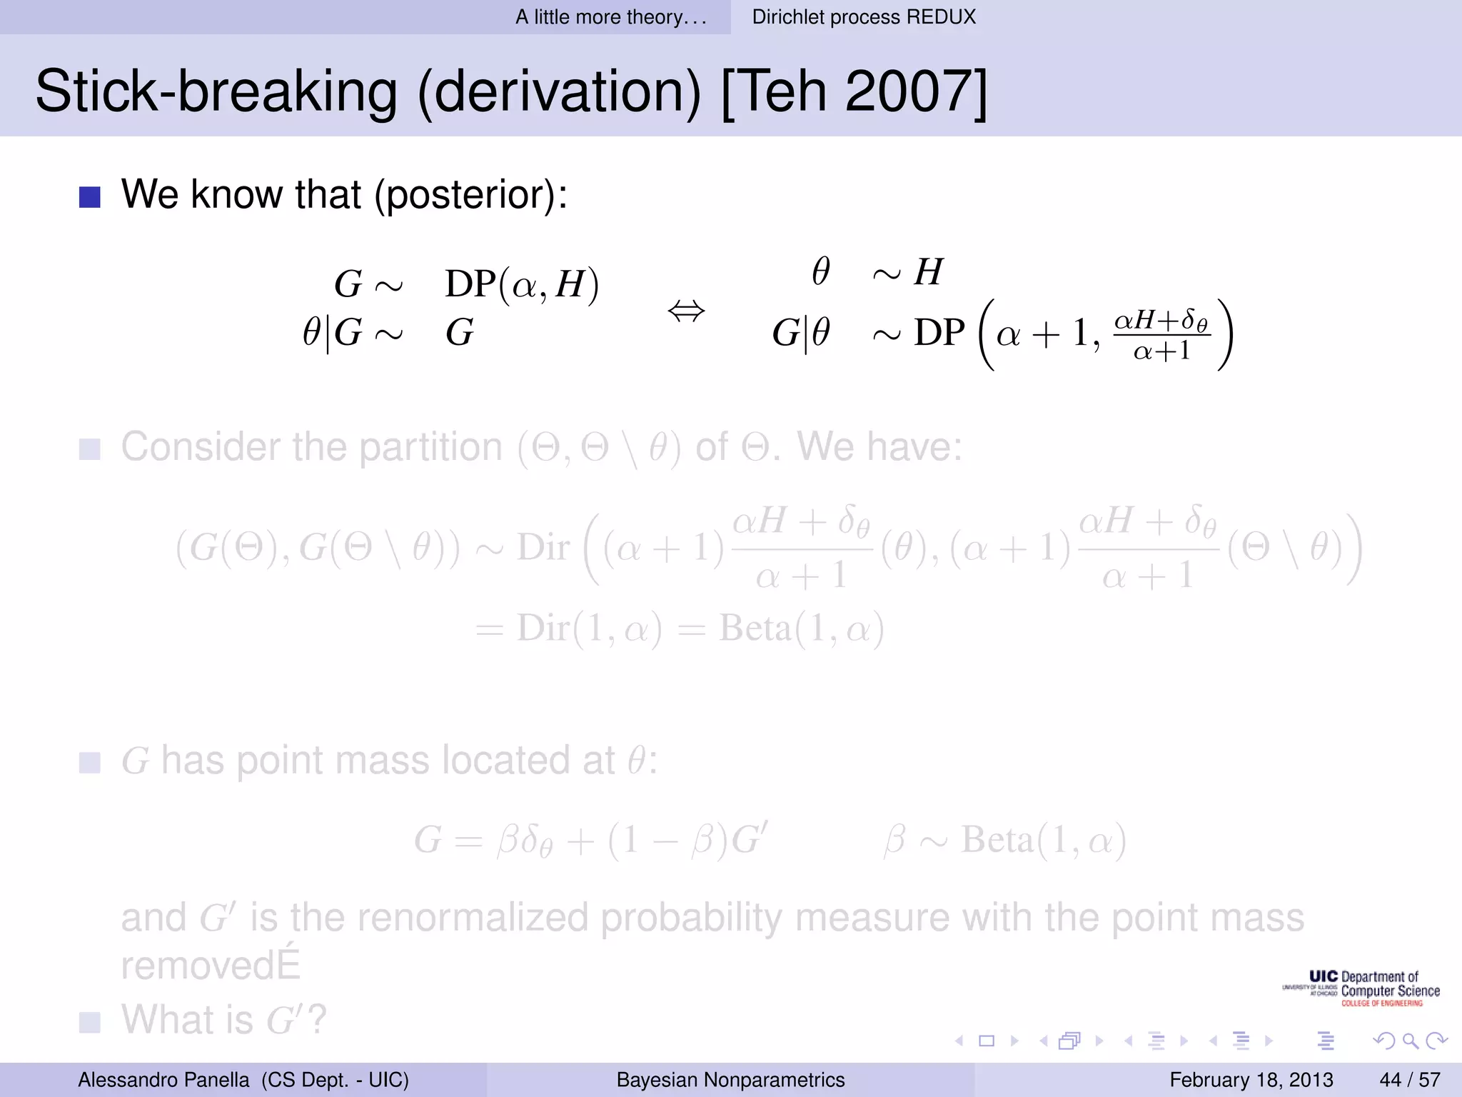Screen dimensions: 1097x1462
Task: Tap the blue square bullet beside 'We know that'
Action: point(90,197)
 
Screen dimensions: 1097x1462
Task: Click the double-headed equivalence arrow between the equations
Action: point(686,311)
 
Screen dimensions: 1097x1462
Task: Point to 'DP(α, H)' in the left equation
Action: point(522,284)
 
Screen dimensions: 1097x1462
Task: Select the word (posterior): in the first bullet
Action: point(471,194)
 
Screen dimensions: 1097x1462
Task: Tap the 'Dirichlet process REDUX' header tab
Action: point(863,17)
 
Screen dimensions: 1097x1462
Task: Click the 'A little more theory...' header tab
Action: point(611,17)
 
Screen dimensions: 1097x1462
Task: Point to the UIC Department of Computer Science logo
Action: point(1361,988)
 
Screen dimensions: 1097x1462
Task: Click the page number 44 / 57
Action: point(1409,1079)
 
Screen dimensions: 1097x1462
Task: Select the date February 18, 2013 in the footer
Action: point(1251,1079)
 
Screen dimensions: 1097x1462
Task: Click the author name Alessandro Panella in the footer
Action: point(163,1079)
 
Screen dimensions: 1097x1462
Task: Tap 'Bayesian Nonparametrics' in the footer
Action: point(730,1079)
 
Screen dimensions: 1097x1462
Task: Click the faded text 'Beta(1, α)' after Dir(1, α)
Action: point(801,628)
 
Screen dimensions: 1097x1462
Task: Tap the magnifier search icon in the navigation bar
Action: point(1410,1041)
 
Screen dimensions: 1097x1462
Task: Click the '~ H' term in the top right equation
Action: point(907,272)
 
